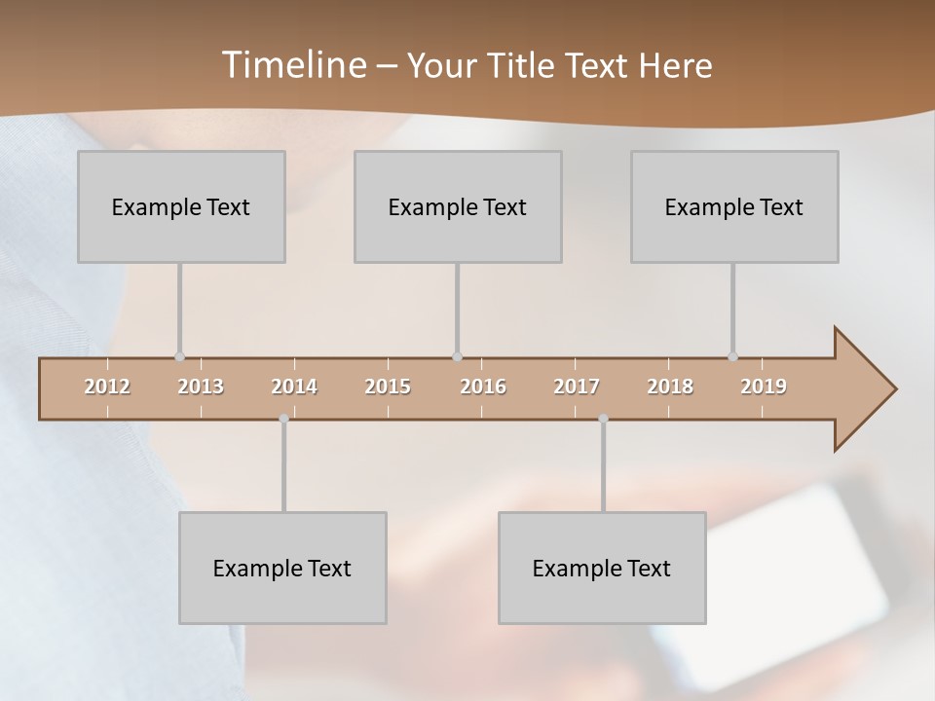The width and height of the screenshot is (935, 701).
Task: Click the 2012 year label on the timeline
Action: (107, 387)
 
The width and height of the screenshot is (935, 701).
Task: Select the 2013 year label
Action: (201, 387)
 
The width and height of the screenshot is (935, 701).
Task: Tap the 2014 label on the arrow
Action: (294, 387)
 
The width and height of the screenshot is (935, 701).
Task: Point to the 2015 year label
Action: (388, 387)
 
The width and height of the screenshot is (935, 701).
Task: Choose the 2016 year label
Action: (483, 387)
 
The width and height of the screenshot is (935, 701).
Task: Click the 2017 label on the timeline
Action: (577, 387)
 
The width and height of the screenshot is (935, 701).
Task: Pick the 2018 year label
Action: (670, 387)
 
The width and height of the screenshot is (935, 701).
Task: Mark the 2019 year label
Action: (764, 387)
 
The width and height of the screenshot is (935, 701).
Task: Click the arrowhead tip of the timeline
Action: (893, 389)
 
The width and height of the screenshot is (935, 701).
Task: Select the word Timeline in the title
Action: (292, 65)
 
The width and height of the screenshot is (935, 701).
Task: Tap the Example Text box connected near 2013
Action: (181, 206)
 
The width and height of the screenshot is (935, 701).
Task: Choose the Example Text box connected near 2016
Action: (458, 206)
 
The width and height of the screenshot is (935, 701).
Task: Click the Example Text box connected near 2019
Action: (734, 206)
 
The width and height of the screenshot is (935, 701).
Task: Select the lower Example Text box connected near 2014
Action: (282, 568)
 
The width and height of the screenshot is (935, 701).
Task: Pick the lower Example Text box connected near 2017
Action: (602, 568)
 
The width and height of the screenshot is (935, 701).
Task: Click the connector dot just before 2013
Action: (179, 357)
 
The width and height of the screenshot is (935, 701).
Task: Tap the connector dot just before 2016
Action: (457, 357)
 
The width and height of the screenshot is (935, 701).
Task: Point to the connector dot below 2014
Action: (283, 419)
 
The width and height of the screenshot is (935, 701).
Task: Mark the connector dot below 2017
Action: (603, 419)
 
